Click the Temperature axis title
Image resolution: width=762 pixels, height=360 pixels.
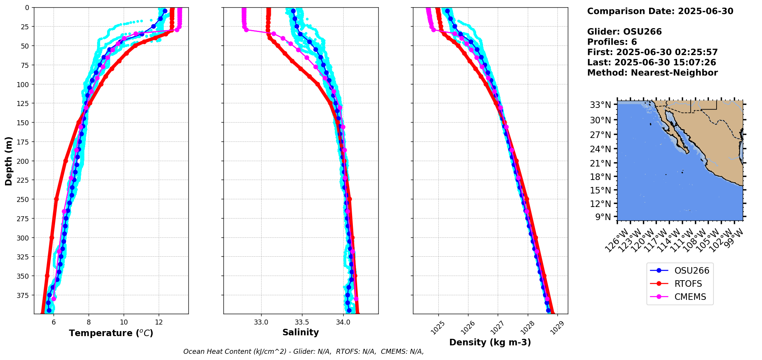[111, 333]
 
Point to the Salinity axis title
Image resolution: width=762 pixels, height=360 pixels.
[300, 332]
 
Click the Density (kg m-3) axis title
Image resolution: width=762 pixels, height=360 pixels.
[490, 342]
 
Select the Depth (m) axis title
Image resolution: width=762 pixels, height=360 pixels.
[8, 161]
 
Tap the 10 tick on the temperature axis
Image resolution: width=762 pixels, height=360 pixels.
[124, 322]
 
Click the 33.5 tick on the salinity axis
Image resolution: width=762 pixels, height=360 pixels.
[302, 322]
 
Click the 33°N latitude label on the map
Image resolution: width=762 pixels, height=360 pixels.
[600, 105]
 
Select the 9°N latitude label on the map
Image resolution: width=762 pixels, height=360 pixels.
[603, 217]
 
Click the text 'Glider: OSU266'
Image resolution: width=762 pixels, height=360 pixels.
[624, 32]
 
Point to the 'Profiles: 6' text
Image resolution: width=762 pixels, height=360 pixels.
[612, 42]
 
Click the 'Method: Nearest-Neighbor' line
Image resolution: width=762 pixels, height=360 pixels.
[652, 73]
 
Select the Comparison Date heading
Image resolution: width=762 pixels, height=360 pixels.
[660, 11]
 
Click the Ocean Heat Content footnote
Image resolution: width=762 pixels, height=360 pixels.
[303, 352]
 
